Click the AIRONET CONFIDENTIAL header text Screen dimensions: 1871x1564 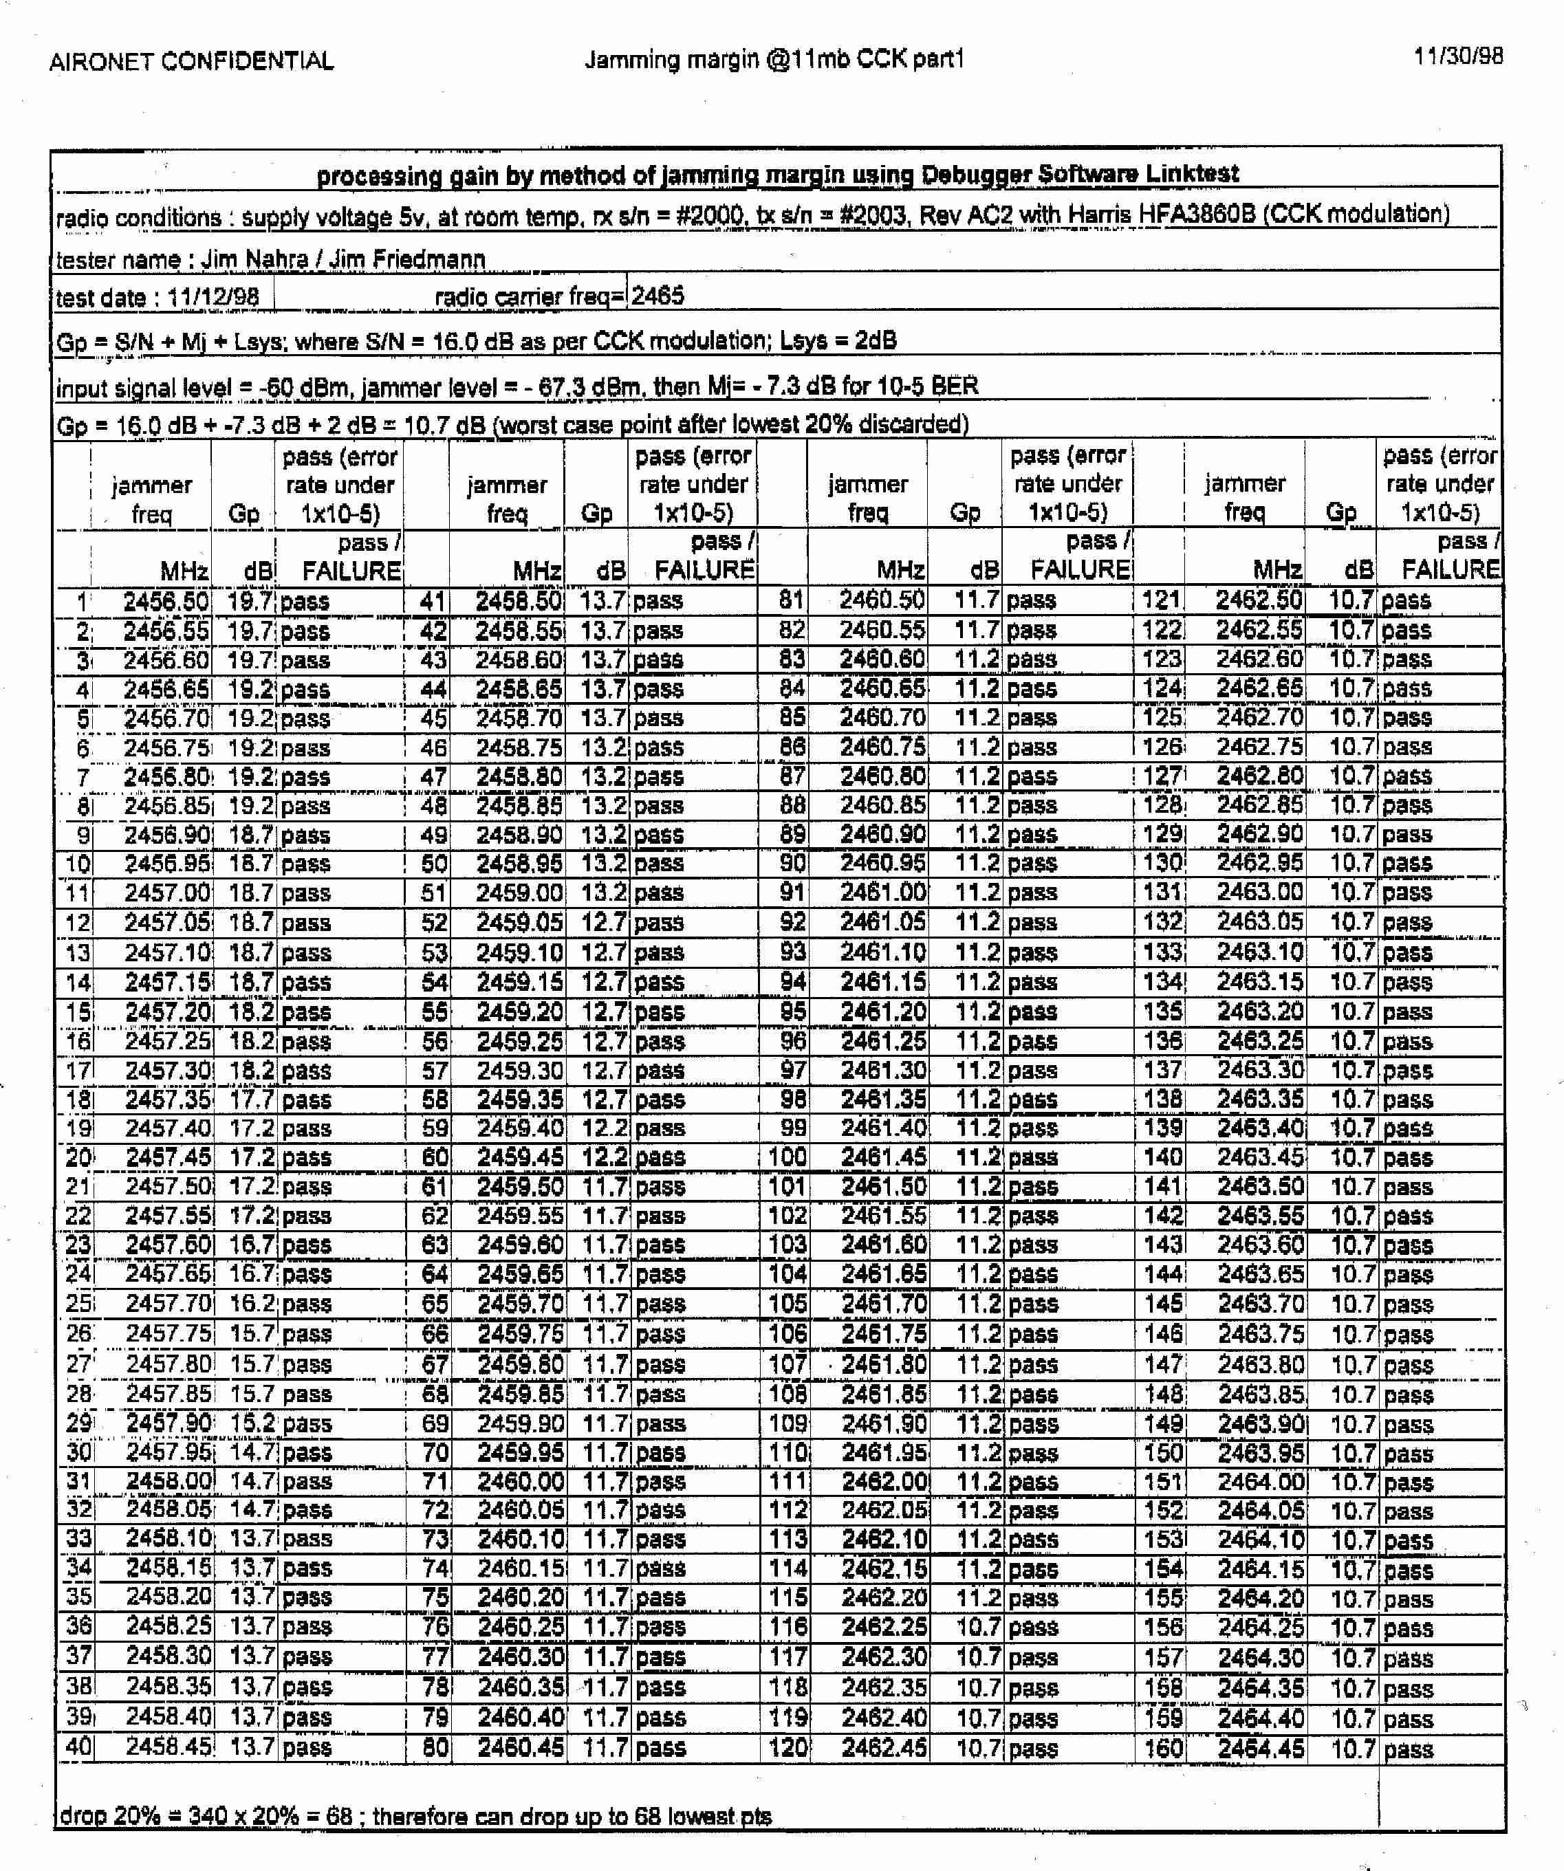click(192, 61)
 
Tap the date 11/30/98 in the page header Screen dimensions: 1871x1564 click(1458, 56)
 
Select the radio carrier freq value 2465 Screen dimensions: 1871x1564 click(658, 296)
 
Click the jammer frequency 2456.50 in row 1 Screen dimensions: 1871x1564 click(166, 602)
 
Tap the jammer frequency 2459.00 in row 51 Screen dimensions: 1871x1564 click(519, 893)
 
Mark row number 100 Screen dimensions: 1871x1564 click(788, 1157)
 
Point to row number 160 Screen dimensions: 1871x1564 click(1164, 1747)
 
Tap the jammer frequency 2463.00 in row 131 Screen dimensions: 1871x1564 click(1260, 892)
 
